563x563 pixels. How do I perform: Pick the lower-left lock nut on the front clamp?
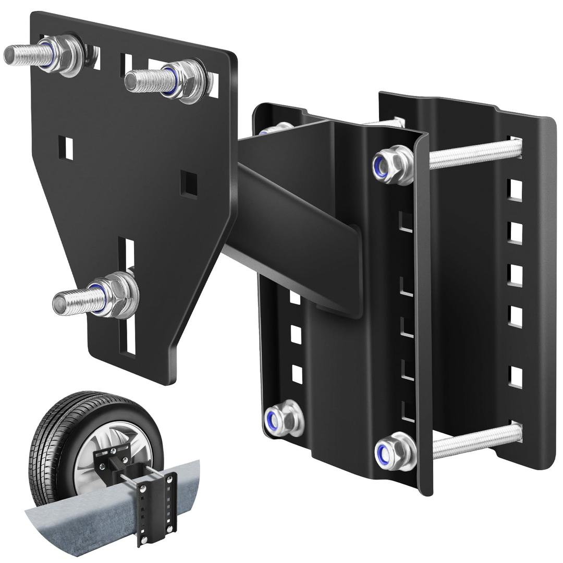click(x=284, y=418)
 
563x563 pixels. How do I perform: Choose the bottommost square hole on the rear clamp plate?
click(x=516, y=377)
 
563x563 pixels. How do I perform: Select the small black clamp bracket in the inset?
click(x=156, y=500)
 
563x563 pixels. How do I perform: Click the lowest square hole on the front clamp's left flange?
click(x=297, y=374)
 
